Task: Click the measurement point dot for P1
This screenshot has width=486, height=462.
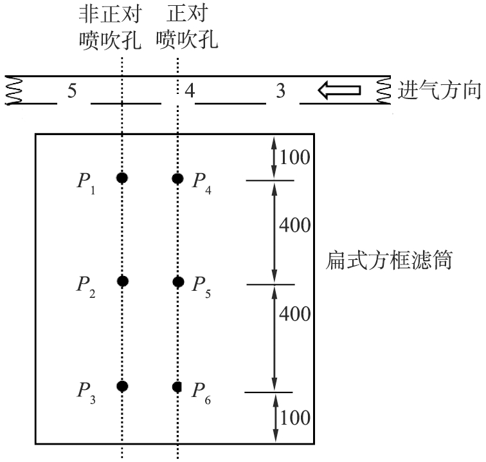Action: (x=122, y=178)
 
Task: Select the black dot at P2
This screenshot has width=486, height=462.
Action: (x=123, y=281)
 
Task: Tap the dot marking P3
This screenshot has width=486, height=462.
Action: (x=122, y=386)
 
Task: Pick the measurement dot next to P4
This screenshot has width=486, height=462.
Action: (x=177, y=178)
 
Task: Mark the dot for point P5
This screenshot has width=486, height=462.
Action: (x=178, y=282)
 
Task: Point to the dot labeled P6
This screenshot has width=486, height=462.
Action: (x=177, y=387)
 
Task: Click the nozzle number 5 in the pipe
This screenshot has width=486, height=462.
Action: (x=72, y=91)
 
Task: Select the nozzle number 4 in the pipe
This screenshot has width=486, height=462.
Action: (x=190, y=91)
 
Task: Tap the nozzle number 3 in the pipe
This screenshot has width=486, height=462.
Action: (x=280, y=91)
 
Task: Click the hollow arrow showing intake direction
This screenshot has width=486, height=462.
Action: (x=339, y=90)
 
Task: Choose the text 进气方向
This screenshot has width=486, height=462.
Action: (x=439, y=90)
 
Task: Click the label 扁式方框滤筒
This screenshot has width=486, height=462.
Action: (x=389, y=260)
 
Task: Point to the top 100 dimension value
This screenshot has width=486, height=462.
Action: (x=295, y=157)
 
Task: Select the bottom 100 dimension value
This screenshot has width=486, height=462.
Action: (x=295, y=418)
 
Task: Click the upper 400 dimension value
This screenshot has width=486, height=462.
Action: (x=295, y=225)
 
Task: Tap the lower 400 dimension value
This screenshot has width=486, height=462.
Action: (x=295, y=314)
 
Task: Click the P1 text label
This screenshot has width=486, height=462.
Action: (x=86, y=183)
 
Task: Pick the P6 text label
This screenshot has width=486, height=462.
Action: (x=201, y=393)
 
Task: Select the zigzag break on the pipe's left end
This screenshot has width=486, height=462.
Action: (x=14, y=90)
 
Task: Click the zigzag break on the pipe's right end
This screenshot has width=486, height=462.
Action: (x=383, y=90)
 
